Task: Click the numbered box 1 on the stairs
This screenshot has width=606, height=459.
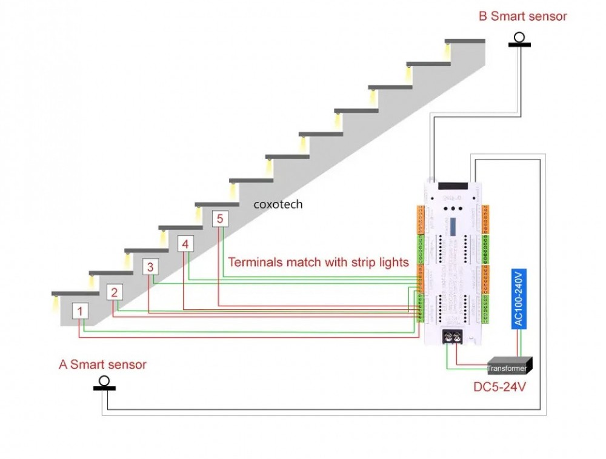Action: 81,311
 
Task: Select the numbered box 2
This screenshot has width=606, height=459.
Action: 115,292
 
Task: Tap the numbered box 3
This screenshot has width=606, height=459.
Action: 151,267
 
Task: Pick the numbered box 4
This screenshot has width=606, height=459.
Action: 185,244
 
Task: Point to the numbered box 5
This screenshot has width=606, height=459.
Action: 220,218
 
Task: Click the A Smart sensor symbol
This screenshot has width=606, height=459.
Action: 104,383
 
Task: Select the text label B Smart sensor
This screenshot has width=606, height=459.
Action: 522,16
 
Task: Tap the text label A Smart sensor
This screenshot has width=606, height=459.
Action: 102,364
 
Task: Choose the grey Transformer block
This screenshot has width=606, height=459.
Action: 509,366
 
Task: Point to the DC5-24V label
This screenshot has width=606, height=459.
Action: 499,386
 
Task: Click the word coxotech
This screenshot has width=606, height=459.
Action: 278,204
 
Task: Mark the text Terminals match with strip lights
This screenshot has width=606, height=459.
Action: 318,263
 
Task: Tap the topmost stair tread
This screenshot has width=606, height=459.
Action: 465,41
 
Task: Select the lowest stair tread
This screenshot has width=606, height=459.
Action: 75,293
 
